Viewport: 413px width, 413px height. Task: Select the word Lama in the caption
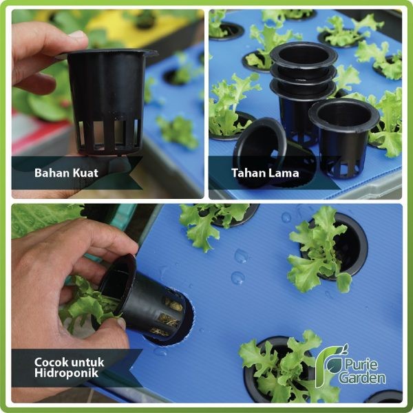coord(284,173)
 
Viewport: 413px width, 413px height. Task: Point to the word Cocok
coord(52,361)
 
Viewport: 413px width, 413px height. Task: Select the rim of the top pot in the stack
coord(304,52)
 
